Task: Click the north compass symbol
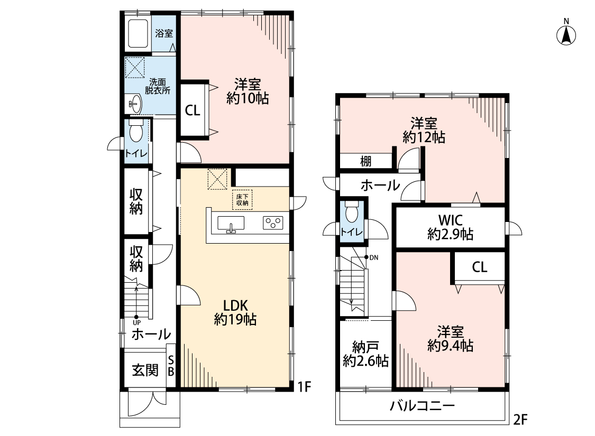pyautogui.click(x=566, y=34)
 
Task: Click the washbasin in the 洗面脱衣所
pyautogui.click(x=135, y=103)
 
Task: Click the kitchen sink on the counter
pyautogui.click(x=231, y=223)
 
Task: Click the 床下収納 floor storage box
pyautogui.click(x=242, y=198)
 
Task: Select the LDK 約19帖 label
pyautogui.click(x=235, y=312)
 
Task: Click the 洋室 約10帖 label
pyautogui.click(x=248, y=90)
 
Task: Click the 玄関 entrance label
pyautogui.click(x=145, y=370)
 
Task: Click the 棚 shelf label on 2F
pyautogui.click(x=365, y=162)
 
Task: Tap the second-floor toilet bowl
pyautogui.click(x=352, y=214)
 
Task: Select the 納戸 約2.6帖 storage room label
pyautogui.click(x=365, y=354)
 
